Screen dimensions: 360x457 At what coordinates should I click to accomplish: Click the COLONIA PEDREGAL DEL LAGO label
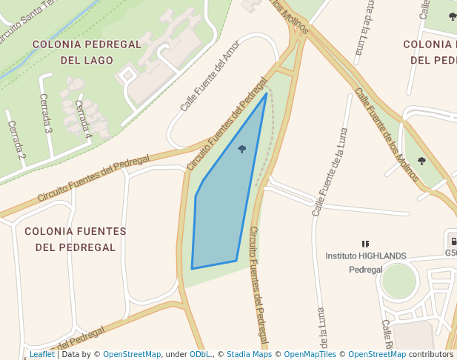87,52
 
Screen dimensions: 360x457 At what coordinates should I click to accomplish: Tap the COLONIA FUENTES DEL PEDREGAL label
76,239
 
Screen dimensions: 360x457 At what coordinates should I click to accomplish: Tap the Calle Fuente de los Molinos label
387,133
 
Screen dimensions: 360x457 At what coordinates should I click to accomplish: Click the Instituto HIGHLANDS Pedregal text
366,262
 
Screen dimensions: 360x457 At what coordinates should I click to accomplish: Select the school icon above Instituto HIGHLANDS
365,243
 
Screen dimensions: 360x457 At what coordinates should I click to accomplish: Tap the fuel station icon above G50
451,239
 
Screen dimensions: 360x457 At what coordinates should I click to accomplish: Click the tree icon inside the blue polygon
242,149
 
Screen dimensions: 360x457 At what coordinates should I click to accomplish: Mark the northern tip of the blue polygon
267,93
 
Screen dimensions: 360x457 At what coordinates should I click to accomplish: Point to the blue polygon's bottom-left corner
192,268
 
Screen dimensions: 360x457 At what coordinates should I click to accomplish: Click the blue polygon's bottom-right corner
236,261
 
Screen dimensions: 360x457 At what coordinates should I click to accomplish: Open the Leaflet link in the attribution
41,354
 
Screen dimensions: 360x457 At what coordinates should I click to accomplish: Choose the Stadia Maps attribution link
249,354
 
